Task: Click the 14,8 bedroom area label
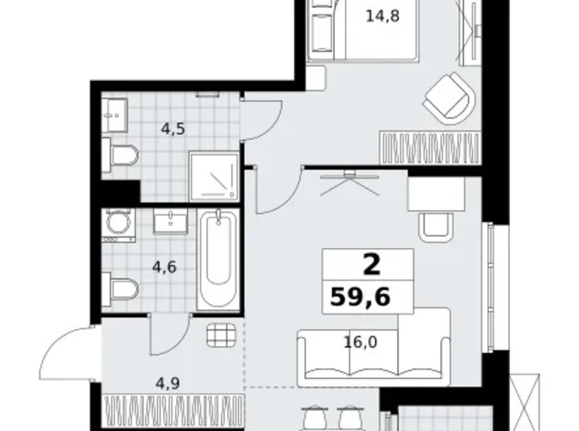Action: point(382,16)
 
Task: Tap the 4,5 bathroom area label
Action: point(173,129)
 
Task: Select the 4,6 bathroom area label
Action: point(165,267)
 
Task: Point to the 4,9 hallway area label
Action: point(167,383)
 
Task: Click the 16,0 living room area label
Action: point(361,343)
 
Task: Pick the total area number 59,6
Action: point(360,297)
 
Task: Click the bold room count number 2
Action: point(371,265)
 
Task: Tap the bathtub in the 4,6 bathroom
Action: point(217,259)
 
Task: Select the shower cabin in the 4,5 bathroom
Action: point(214,176)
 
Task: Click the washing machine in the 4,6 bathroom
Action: point(119,225)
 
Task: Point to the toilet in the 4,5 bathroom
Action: point(120,155)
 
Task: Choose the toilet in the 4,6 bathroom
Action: point(120,289)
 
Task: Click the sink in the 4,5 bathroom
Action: point(115,115)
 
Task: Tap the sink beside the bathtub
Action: point(171,221)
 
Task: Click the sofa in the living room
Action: point(373,347)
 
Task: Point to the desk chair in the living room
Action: point(436,227)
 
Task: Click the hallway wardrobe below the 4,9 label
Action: point(174,412)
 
